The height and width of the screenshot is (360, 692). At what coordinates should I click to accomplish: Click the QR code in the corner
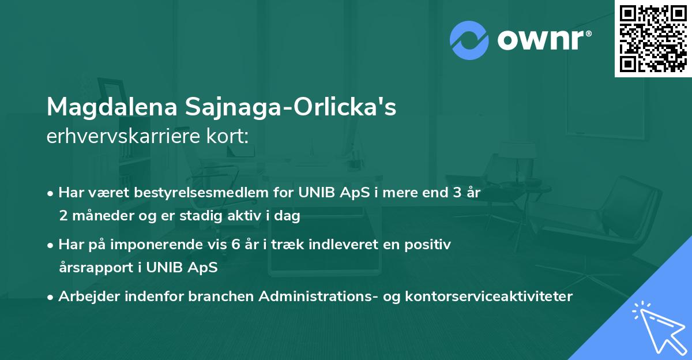653,39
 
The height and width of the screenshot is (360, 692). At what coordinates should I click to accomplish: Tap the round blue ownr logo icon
469,39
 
